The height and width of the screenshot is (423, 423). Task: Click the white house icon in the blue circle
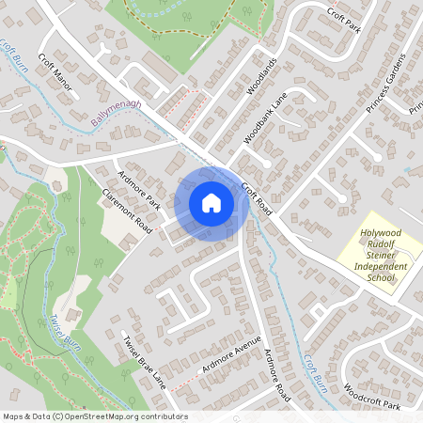click(211, 202)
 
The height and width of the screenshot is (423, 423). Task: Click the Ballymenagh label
click(117, 116)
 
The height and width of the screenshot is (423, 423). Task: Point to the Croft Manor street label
click(55, 70)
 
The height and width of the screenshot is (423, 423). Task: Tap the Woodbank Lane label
click(264, 122)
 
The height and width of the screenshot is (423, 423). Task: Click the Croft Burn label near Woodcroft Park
click(314, 371)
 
